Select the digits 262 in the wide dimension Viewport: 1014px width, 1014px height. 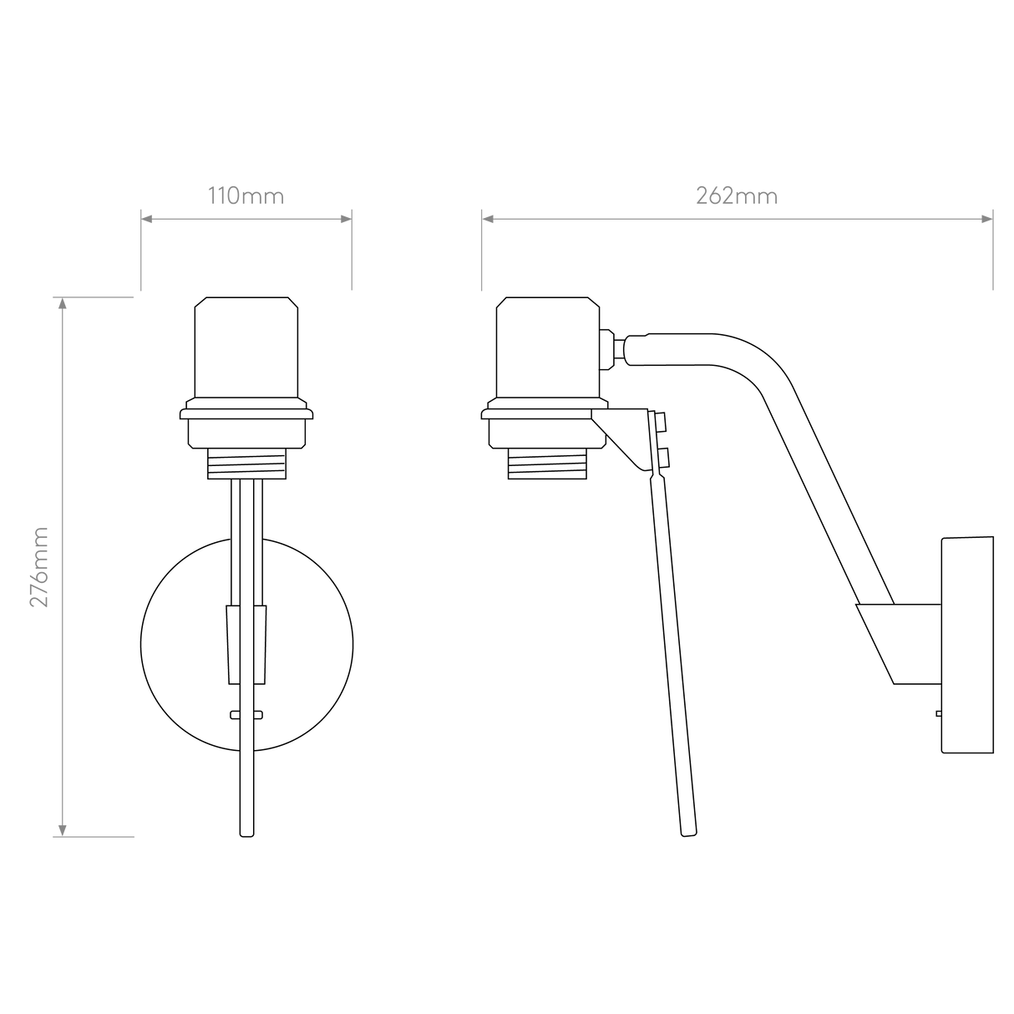(x=716, y=197)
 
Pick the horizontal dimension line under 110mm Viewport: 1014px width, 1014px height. (x=246, y=219)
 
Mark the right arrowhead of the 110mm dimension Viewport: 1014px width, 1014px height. (x=345, y=219)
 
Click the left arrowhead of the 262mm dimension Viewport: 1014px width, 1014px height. (x=489, y=219)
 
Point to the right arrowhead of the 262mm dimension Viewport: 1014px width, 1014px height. (x=986, y=219)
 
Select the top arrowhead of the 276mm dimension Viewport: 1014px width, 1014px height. (x=61, y=305)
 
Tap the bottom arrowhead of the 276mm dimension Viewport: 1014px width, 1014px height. (x=61, y=829)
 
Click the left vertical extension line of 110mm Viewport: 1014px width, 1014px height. (x=139, y=251)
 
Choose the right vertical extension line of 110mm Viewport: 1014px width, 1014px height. (x=352, y=251)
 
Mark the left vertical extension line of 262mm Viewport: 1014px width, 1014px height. (x=481, y=251)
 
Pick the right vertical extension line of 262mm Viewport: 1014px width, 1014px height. (x=993, y=251)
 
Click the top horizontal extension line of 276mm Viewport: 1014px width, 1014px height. (x=94, y=297)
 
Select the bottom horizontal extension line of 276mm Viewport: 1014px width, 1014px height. (x=94, y=836)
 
